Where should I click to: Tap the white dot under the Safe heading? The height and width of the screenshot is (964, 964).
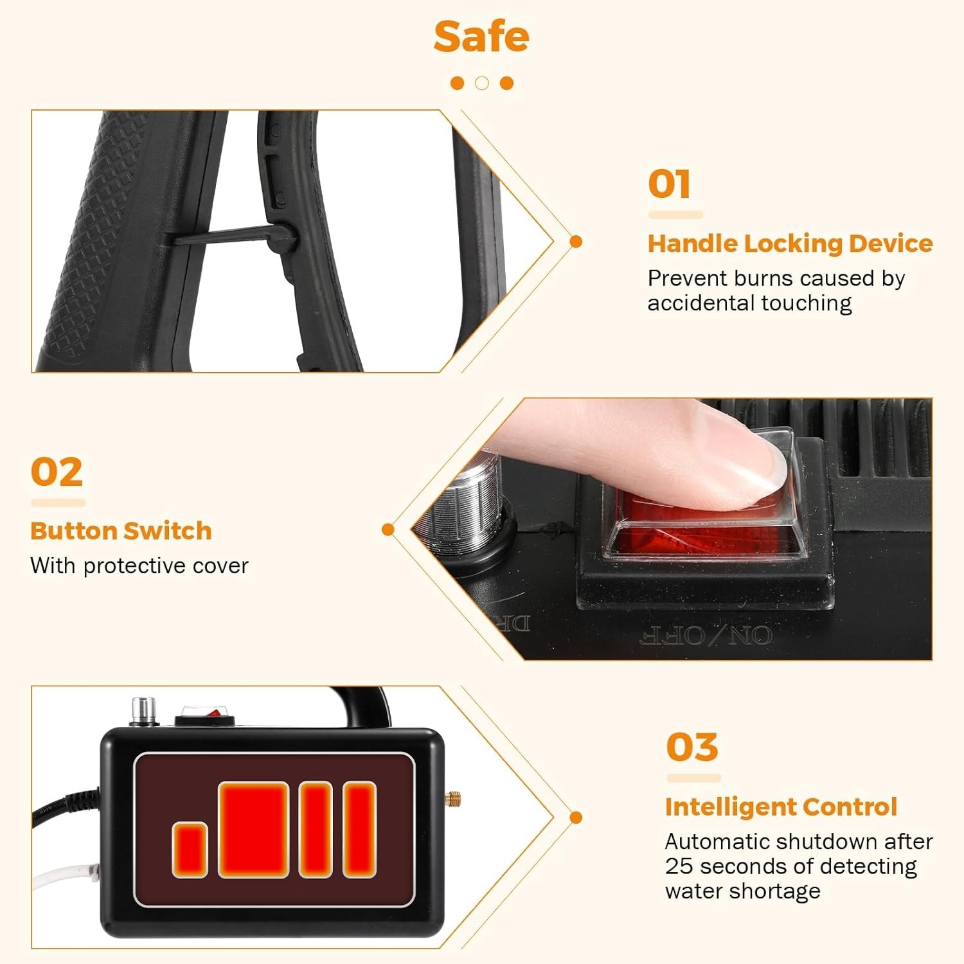tap(482, 83)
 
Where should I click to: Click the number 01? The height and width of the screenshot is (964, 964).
tap(669, 184)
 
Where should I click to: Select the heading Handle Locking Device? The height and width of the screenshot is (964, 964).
tap(790, 244)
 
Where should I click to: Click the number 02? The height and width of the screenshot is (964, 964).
tap(57, 472)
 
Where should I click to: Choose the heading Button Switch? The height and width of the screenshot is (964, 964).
tap(121, 531)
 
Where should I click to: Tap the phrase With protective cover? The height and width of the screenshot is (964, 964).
tap(139, 566)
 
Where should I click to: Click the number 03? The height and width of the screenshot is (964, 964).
tap(692, 747)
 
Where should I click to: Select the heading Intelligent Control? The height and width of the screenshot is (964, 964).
tap(781, 807)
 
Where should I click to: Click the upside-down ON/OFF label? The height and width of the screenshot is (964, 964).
tap(706, 636)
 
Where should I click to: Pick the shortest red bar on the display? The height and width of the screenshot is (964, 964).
tap(190, 850)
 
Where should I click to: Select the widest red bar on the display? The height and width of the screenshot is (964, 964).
tap(253, 829)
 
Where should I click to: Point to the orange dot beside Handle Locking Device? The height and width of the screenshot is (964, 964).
tap(576, 242)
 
